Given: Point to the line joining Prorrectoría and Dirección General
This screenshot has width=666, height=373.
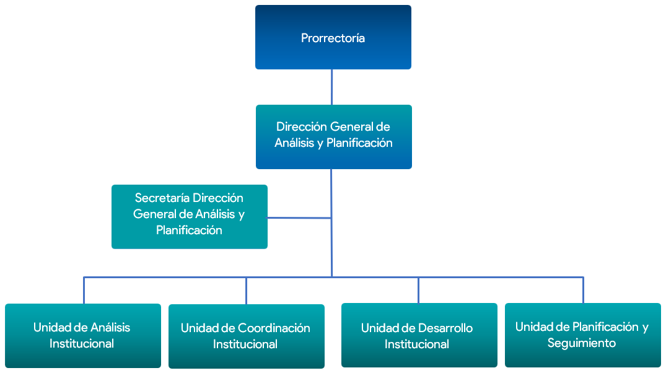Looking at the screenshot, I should [x=331, y=87].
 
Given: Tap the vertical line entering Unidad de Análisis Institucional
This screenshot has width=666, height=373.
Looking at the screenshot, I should [x=84, y=290].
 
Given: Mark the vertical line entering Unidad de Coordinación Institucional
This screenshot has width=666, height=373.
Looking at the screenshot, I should [x=246, y=290].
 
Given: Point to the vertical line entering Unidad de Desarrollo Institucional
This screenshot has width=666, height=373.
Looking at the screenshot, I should [x=418, y=290].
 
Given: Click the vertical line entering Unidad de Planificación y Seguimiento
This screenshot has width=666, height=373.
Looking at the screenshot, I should [x=583, y=290].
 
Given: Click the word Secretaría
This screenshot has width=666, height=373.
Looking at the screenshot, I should [x=162, y=198].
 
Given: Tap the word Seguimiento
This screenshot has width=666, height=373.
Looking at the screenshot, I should [x=581, y=343].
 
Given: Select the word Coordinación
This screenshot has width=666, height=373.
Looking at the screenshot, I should [x=274, y=328].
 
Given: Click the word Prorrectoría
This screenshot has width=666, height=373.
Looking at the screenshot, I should [x=333, y=38].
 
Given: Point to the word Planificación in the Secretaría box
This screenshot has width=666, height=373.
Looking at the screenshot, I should [x=189, y=230].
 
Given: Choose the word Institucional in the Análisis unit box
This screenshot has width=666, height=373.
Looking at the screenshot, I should [x=82, y=343].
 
